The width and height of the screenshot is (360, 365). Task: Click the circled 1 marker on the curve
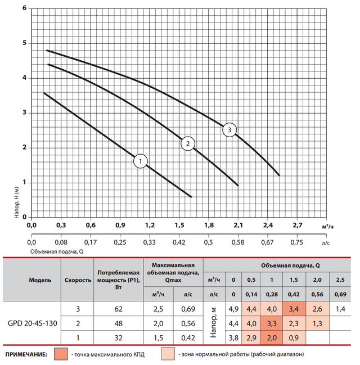(141, 162)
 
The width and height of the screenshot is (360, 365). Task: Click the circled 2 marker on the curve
(187, 144)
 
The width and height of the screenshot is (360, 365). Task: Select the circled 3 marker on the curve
(229, 130)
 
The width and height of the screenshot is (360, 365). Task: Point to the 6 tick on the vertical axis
(24, 9)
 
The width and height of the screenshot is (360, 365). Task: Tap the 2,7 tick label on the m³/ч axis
(298, 226)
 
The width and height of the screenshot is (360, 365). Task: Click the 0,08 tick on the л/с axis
(61, 244)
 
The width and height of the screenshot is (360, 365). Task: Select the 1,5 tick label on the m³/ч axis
(179, 226)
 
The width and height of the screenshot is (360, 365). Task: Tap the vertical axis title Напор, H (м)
(17, 206)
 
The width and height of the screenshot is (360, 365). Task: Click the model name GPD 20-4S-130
(33, 325)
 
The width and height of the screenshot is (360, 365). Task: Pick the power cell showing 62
(118, 309)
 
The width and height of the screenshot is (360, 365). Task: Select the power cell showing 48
(118, 324)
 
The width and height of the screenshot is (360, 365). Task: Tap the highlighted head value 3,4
(293, 309)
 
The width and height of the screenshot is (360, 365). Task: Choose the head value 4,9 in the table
(233, 309)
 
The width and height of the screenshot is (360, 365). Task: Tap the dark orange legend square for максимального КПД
(61, 354)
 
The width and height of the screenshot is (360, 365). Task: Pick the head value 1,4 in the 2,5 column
(340, 309)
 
